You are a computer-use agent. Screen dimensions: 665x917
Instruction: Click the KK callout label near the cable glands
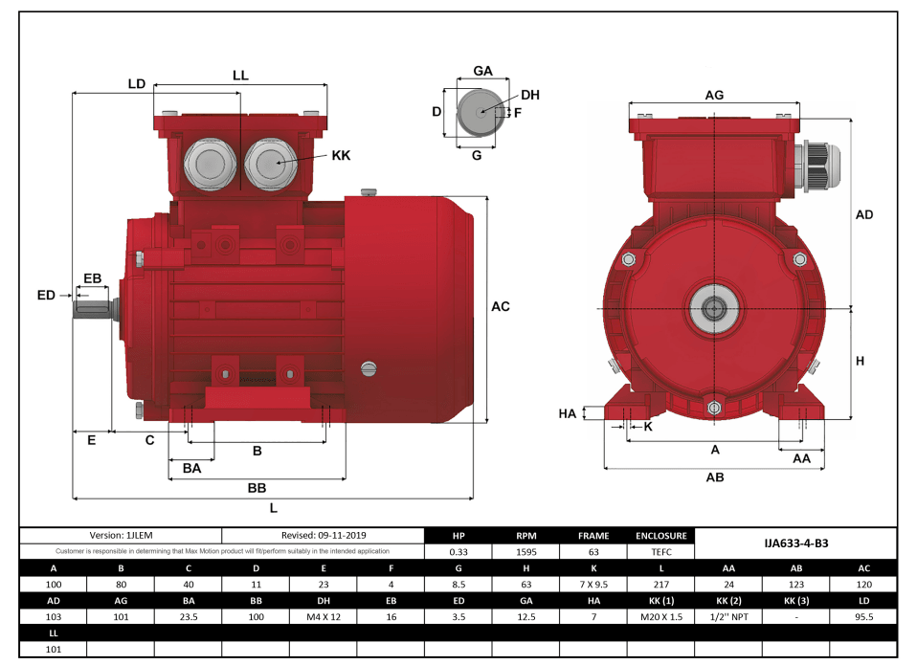click(341, 155)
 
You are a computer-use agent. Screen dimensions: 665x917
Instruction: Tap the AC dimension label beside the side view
click(500, 307)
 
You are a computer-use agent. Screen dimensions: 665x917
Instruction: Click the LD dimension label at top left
click(137, 84)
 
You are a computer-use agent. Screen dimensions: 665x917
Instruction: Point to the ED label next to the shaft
click(46, 296)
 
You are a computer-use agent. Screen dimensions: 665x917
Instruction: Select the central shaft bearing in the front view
click(713, 308)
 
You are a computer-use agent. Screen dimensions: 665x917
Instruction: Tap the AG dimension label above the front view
click(714, 95)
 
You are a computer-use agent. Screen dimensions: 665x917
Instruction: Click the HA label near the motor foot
click(568, 413)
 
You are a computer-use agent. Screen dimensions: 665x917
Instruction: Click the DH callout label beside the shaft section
click(530, 95)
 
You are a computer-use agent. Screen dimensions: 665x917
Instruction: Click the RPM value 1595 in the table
click(526, 551)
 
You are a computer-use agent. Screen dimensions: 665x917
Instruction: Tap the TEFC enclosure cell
click(660, 551)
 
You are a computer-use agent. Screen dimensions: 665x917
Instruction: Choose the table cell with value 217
click(660, 584)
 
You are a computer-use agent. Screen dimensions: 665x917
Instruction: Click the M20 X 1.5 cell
click(660, 617)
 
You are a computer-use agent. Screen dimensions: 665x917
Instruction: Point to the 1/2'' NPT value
click(728, 617)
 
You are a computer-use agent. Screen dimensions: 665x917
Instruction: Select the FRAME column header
click(593, 536)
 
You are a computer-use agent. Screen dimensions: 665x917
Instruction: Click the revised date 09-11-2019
click(324, 536)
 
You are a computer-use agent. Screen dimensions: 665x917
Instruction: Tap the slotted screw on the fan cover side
click(369, 368)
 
